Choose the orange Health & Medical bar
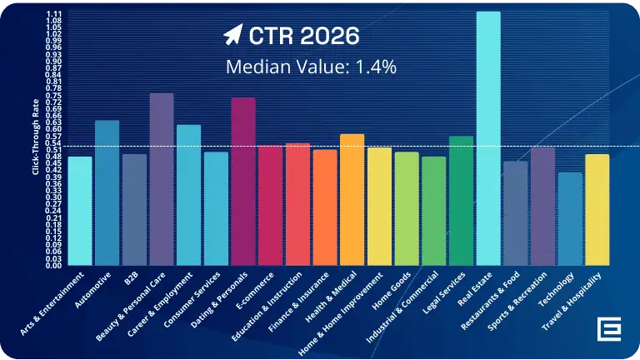click(x=352, y=200)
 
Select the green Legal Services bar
click(x=461, y=201)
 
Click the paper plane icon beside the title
click(x=232, y=35)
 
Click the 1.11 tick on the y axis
click(x=53, y=14)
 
